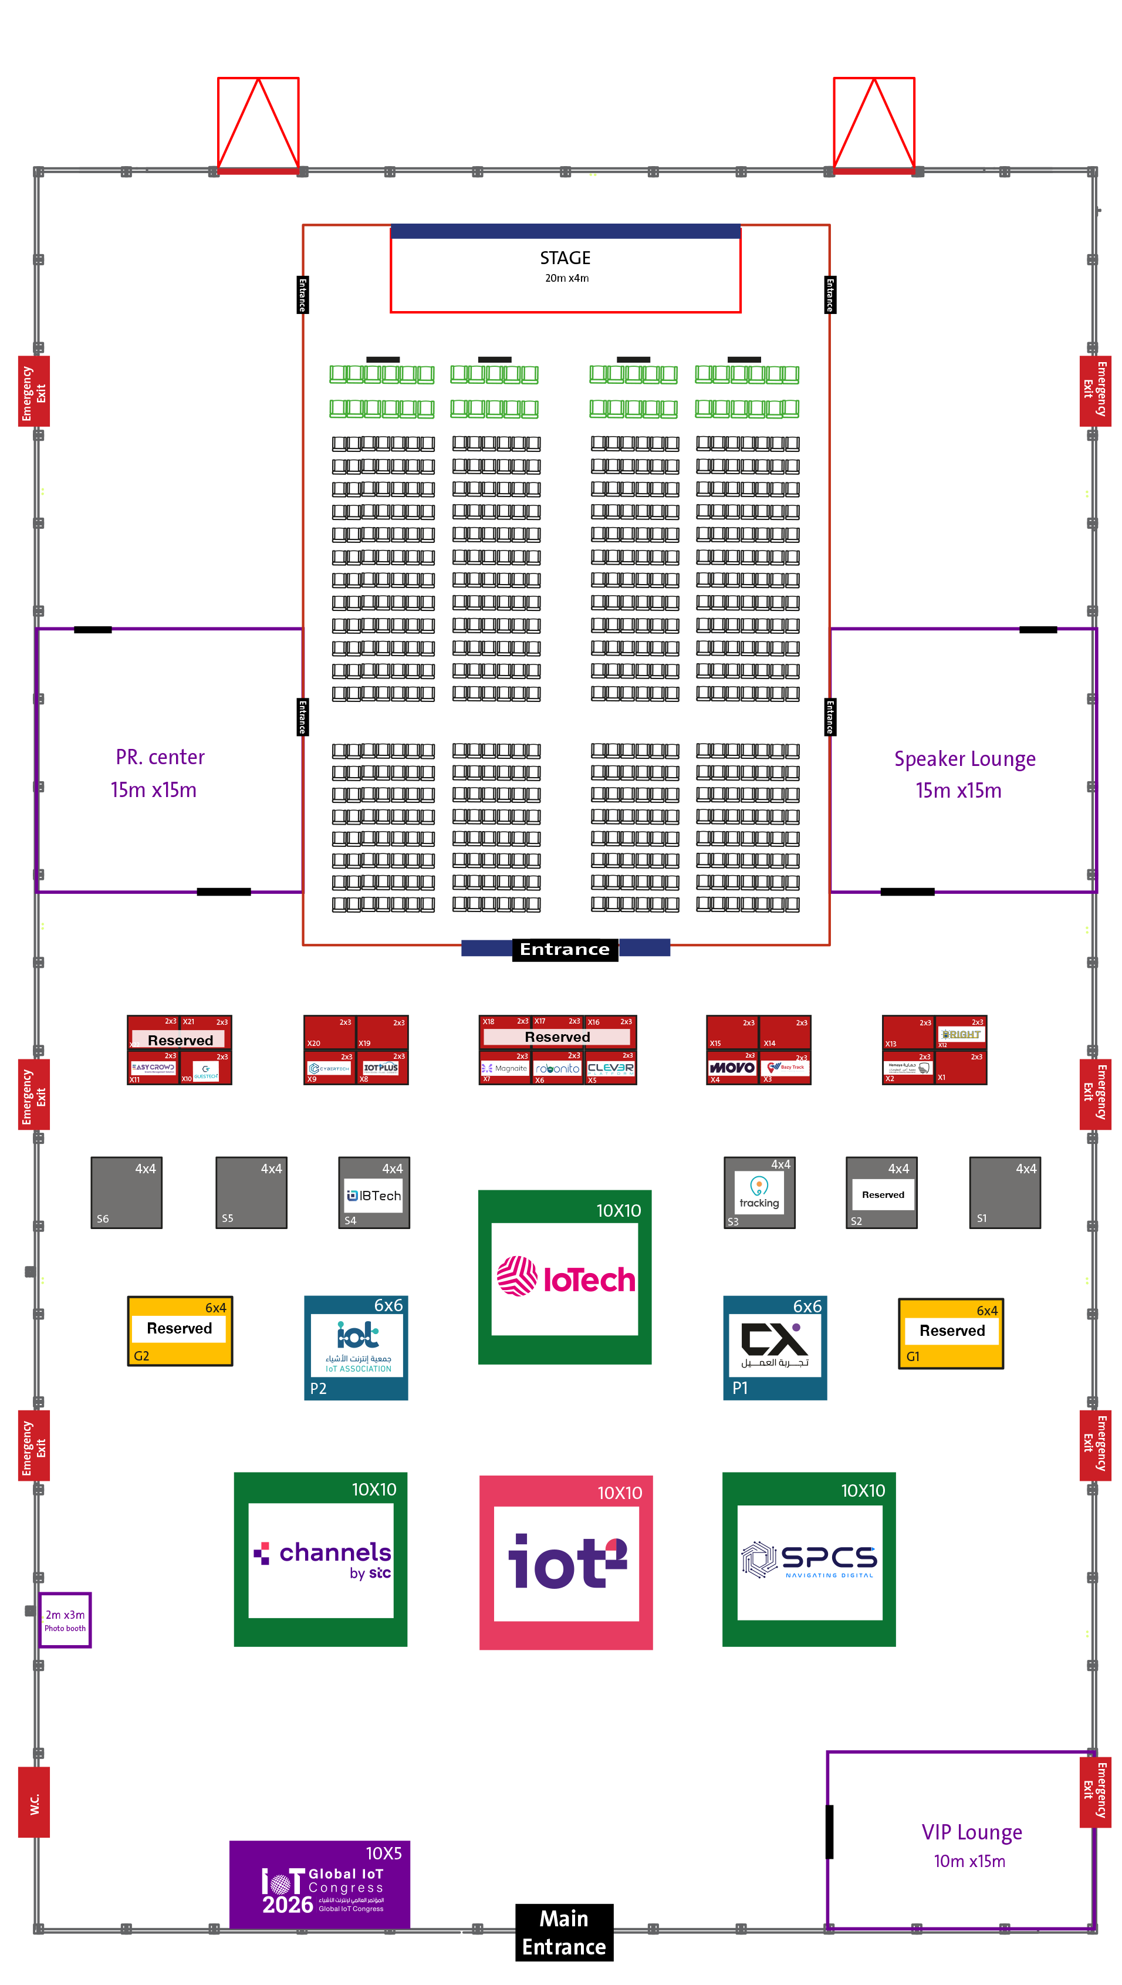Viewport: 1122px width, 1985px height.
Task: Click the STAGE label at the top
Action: [565, 258]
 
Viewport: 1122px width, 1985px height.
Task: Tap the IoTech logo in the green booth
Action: [566, 1278]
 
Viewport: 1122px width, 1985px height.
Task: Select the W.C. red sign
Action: [34, 1803]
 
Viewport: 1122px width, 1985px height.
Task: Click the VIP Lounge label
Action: [971, 1832]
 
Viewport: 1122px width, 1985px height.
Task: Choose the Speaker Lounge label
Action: [964, 759]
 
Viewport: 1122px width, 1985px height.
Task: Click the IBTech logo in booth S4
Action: [374, 1195]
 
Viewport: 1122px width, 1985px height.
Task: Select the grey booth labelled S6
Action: [126, 1192]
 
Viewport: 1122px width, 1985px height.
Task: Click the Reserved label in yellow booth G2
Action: [179, 1328]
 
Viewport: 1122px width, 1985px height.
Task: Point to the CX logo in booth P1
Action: [775, 1344]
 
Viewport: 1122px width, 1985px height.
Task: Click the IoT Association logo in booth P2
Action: [357, 1345]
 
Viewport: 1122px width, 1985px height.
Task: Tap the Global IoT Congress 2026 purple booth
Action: [320, 1884]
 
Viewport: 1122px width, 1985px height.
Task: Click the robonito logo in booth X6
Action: [557, 1069]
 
